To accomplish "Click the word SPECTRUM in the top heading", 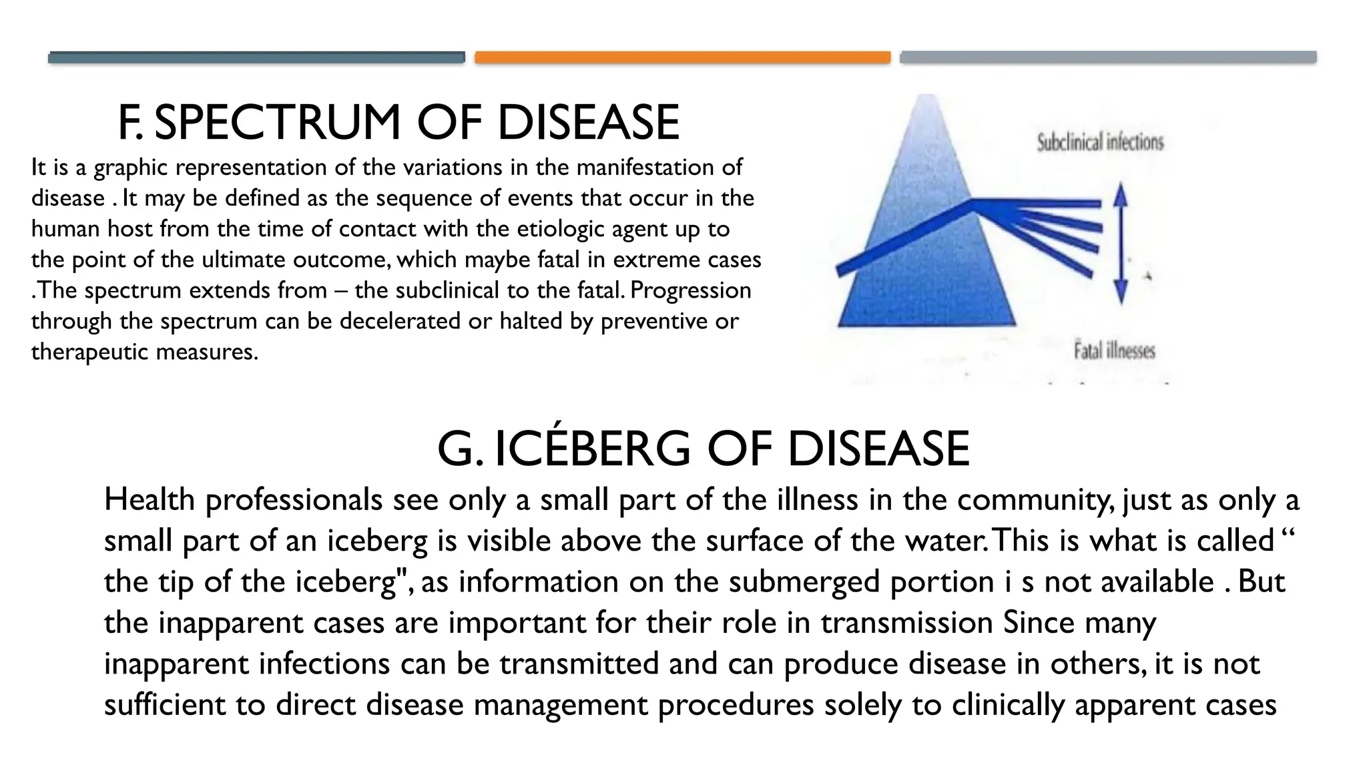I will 277,123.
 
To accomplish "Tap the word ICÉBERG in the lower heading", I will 593,449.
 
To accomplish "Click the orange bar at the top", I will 682,57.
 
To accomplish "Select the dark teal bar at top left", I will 256,57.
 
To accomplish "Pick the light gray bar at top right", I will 1108,57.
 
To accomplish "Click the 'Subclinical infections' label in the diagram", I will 1100,142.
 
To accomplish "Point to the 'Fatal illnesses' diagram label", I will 1114,351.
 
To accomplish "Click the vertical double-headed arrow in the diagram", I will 1121,244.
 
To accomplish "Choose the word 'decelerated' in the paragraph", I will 400,321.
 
